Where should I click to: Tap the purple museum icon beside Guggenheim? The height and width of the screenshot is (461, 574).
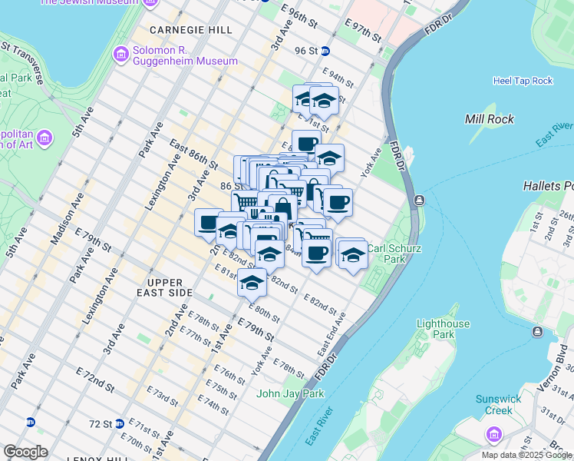(120, 55)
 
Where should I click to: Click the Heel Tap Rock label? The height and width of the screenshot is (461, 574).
(523, 81)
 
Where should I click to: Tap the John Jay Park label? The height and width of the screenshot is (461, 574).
(290, 393)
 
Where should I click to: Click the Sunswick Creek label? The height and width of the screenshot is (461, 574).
(497, 404)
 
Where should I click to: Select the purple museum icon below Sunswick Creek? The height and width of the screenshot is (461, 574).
(492, 435)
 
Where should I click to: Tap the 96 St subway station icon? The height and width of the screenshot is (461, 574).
(325, 51)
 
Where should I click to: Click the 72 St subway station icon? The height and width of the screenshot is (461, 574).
(130, 423)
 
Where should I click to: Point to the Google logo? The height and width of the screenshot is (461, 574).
(25, 452)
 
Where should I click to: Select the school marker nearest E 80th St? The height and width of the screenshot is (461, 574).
(252, 282)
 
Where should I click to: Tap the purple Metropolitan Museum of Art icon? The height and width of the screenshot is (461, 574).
(45, 138)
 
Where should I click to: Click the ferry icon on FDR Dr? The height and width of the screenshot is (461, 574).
(419, 200)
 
